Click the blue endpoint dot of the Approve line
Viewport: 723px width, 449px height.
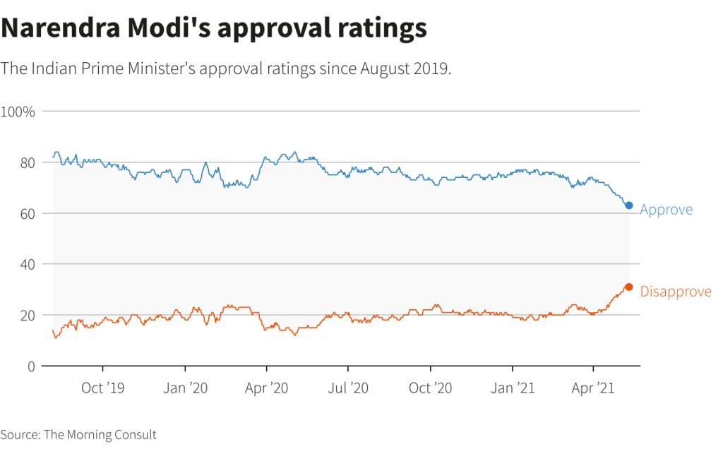(x=628, y=205)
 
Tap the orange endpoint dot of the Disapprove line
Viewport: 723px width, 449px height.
(x=628, y=287)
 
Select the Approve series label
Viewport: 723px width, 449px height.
(x=666, y=210)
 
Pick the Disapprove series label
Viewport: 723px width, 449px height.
(x=675, y=292)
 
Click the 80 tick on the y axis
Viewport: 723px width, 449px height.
(x=27, y=162)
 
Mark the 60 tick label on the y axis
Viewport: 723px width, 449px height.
(x=27, y=213)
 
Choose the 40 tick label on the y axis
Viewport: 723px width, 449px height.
(x=27, y=264)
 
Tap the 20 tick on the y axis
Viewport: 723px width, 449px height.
(x=27, y=315)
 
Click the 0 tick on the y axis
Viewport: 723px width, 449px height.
(x=31, y=366)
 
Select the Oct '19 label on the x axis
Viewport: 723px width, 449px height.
(x=103, y=388)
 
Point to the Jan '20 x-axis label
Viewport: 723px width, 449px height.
(x=185, y=388)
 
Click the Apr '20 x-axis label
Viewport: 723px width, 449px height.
(x=266, y=388)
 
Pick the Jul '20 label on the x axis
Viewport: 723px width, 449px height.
(x=348, y=388)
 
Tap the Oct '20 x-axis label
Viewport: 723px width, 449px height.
(x=430, y=388)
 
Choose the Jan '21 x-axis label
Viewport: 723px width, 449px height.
(x=512, y=388)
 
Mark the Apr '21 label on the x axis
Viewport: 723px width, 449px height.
(x=593, y=388)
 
